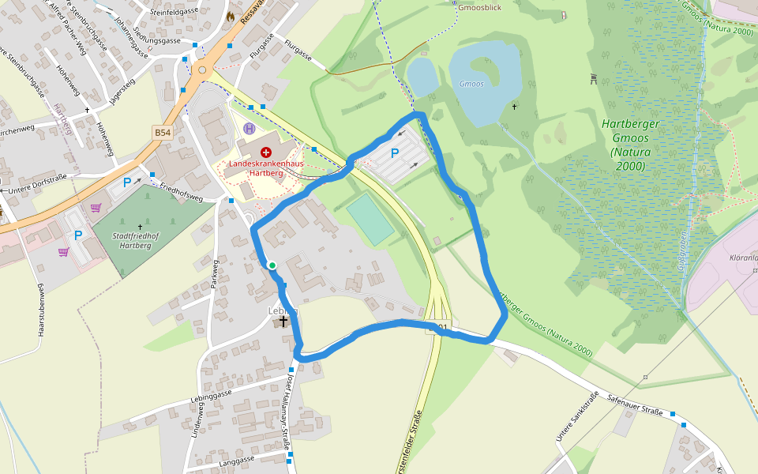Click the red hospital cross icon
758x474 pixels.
pos(265,150)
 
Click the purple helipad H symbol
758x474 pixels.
pos(250,128)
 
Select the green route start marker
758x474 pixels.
pos(272,265)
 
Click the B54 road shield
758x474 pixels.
pos(163,133)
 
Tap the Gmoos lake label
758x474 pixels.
pos(471,83)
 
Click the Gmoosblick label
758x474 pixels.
pos(479,6)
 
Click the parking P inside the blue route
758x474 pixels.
pos(394,153)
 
